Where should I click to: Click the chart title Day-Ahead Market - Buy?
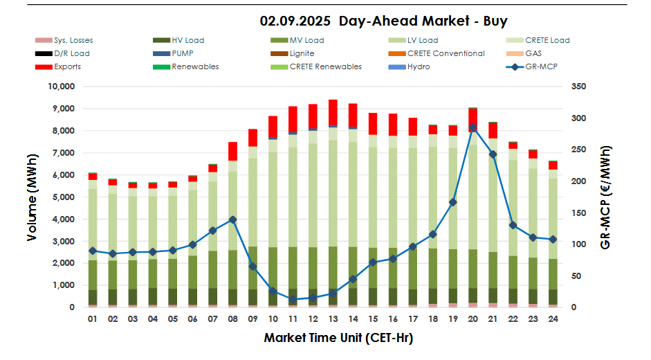[383, 21]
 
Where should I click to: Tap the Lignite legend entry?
[301, 53]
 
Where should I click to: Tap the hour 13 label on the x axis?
[333, 319]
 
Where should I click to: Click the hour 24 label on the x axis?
[553, 319]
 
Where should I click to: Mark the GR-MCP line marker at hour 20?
[473, 127]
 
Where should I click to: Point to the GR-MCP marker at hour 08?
[232, 219]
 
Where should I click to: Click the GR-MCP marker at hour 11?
[293, 299]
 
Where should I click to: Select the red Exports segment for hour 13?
[333, 112]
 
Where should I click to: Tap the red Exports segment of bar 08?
[232, 151]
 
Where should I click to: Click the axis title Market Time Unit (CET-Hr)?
[338, 338]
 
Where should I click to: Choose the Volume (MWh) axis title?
[33, 197]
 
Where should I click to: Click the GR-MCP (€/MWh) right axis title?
[606, 197]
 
